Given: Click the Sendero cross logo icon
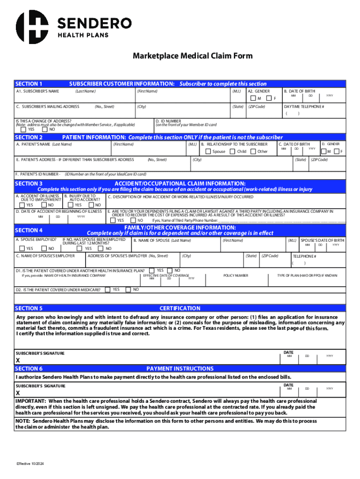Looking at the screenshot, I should (x=32, y=27).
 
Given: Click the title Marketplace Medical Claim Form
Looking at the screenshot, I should (x=193, y=56).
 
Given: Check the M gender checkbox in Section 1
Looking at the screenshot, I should (x=253, y=98).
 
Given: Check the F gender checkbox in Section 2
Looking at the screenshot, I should (x=336, y=152).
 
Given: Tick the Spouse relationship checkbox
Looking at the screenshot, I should (x=209, y=152).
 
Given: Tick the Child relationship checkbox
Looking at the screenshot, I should (x=233, y=152).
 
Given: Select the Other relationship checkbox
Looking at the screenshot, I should (x=253, y=152).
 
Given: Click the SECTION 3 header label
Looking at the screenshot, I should (x=29, y=183).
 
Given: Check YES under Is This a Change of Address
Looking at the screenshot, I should (x=18, y=130).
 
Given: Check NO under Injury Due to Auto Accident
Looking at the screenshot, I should (x=92, y=205).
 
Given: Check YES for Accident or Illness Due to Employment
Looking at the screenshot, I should (x=22, y=205).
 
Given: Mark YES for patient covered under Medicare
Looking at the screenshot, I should (x=108, y=290).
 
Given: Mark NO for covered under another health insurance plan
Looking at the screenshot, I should (x=171, y=270).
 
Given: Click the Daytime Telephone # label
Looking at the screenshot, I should (x=304, y=107).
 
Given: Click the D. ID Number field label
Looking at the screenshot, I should (x=170, y=121).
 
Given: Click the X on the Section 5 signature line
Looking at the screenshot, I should (x=18, y=361).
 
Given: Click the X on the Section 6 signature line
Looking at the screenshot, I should (x=18, y=393).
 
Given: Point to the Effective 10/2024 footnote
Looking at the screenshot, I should (x=30, y=464).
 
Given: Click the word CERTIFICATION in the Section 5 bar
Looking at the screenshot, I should (x=180, y=308).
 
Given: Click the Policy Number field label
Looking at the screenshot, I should (x=236, y=276).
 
